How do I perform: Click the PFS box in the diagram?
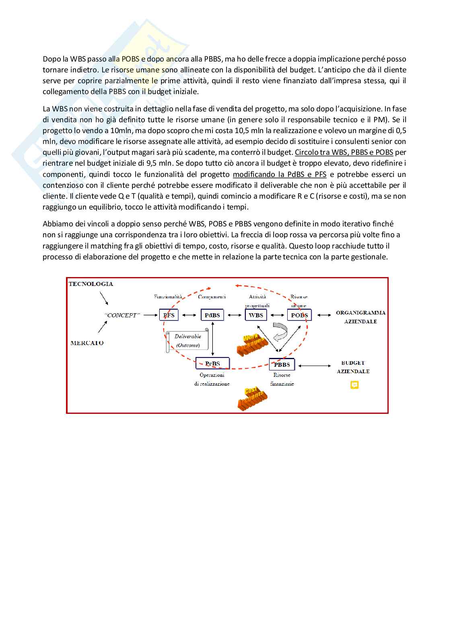[169, 315]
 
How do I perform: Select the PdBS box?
[212, 315]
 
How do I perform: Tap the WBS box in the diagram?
[256, 315]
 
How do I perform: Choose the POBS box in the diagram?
[299, 315]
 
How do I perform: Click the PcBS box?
[212, 364]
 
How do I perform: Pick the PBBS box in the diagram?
[282, 364]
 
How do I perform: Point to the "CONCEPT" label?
[122, 315]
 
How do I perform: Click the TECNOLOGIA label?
[91, 284]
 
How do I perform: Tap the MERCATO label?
[87, 343]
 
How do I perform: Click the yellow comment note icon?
[354, 385]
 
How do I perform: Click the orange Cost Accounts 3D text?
[252, 398]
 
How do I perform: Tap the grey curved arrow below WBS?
[280, 331]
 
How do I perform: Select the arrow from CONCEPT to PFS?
[150, 315]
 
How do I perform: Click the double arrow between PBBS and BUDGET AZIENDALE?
[315, 365]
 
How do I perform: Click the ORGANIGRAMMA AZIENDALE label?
[360, 317]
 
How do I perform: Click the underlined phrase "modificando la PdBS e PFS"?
[280, 175]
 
